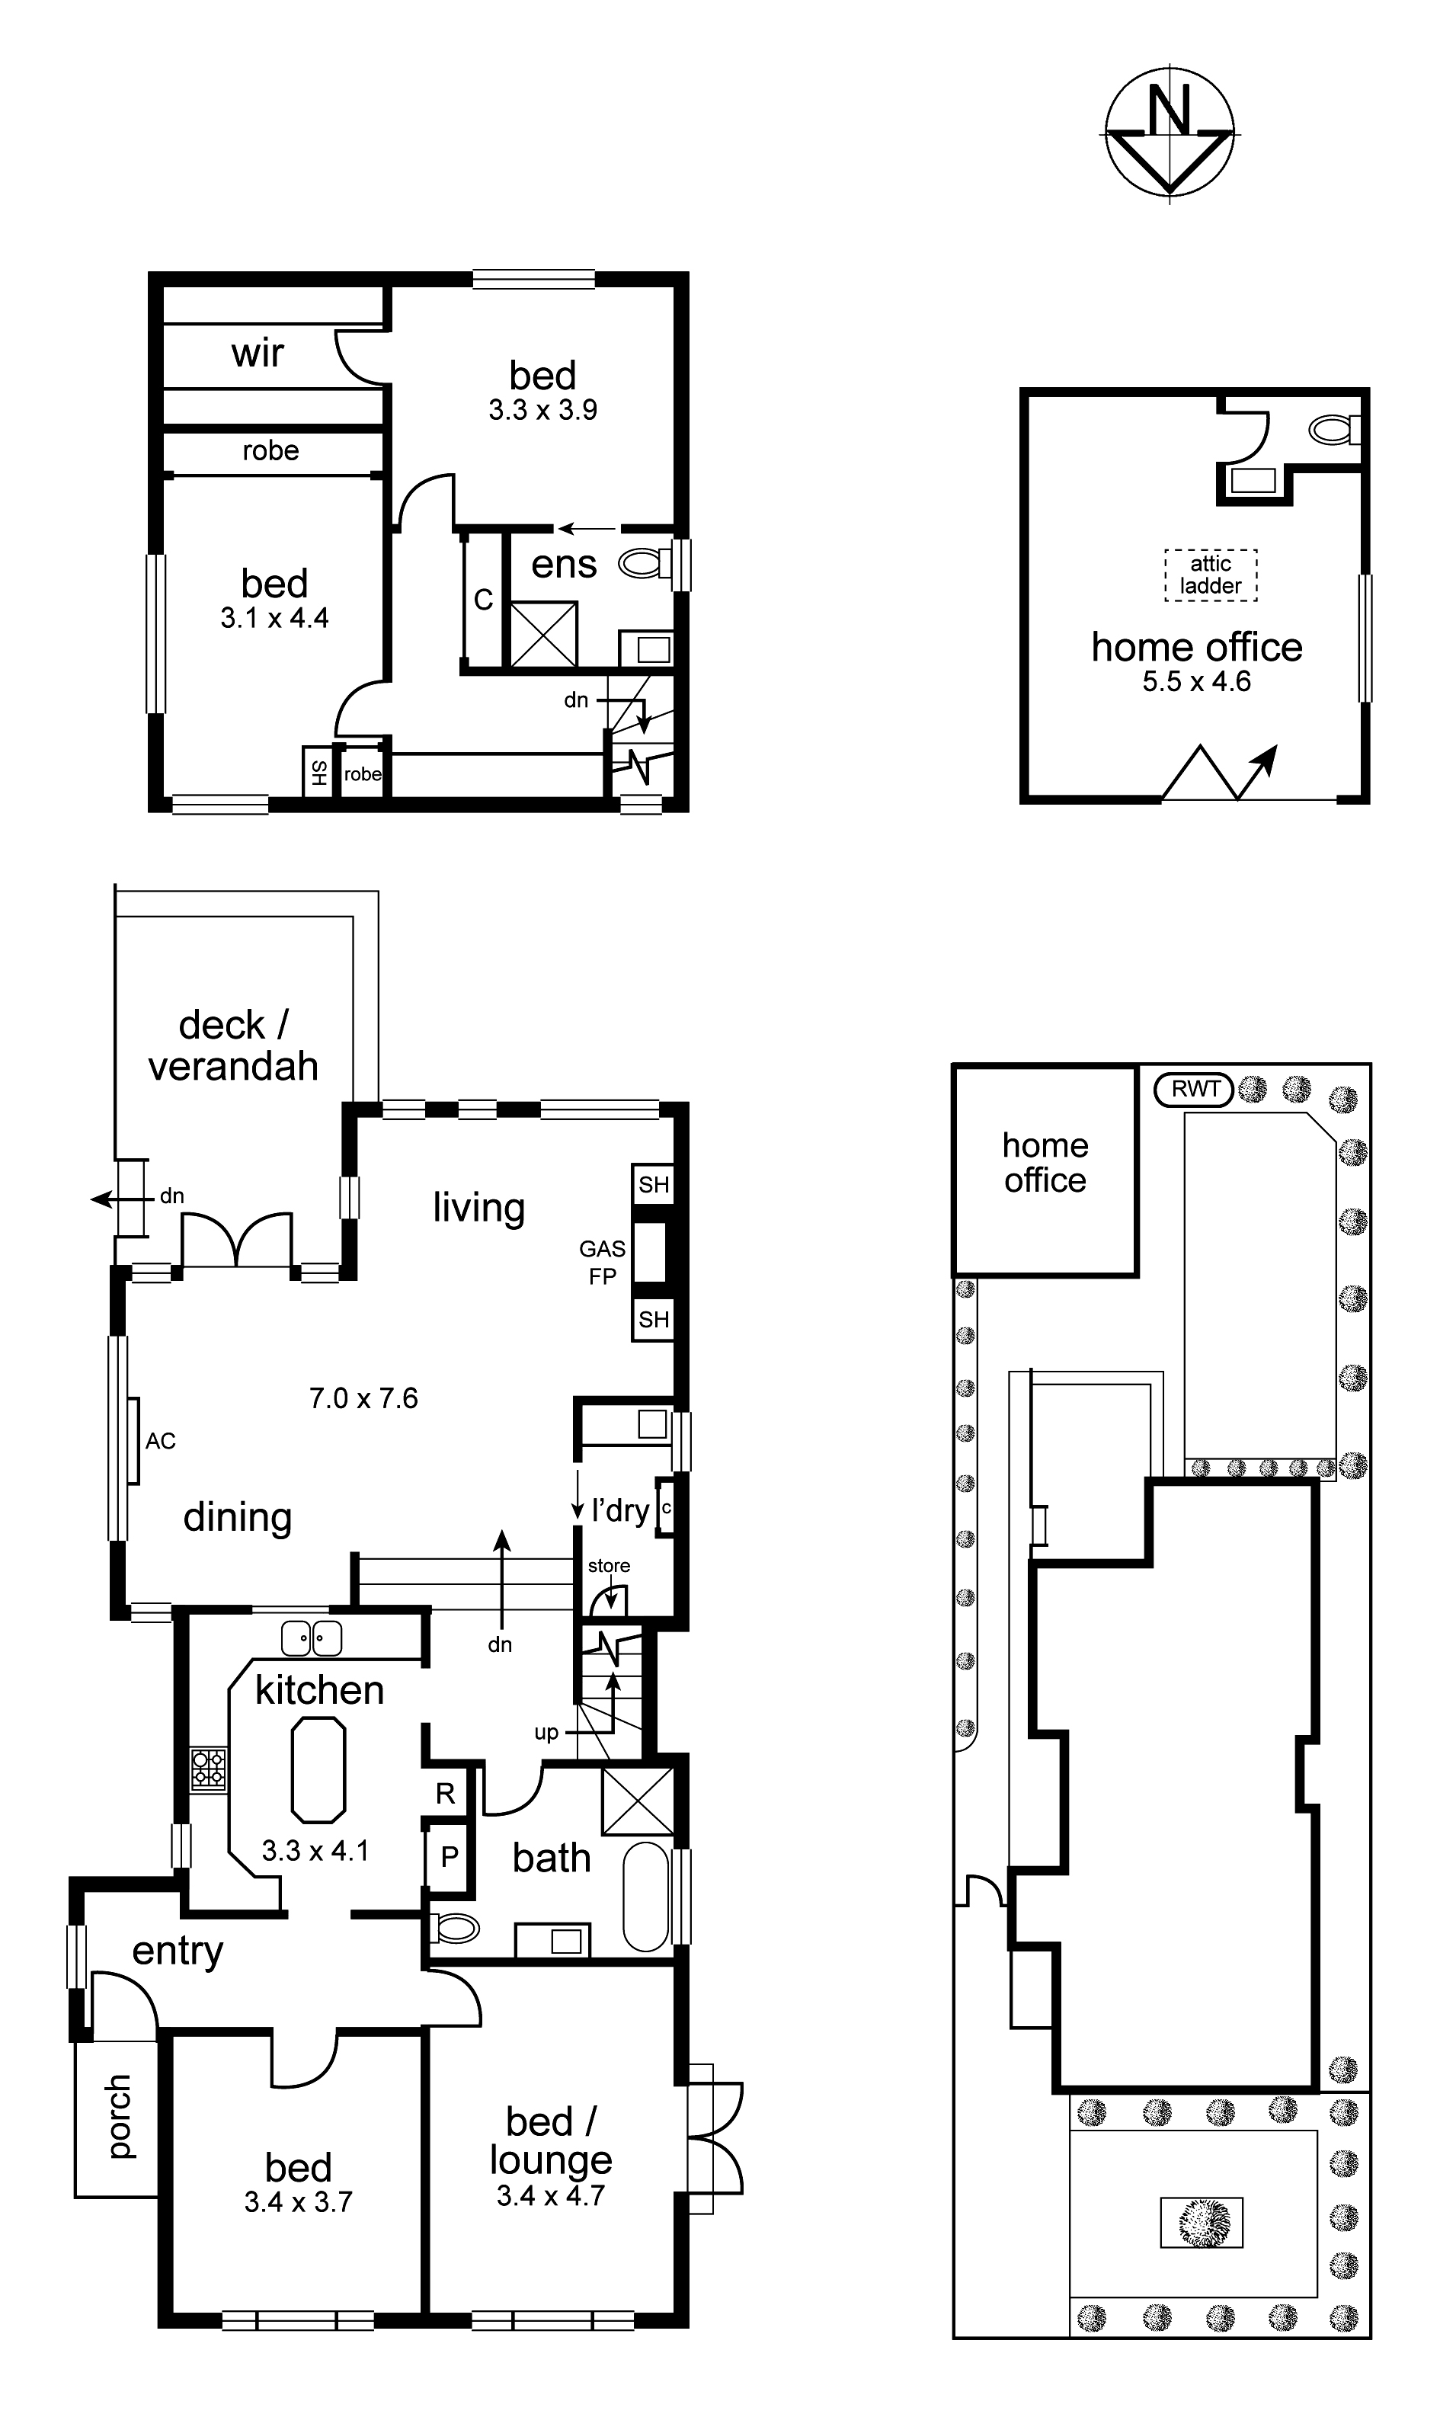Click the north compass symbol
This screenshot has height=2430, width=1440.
[x=1170, y=134]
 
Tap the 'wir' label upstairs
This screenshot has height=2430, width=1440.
[x=258, y=354]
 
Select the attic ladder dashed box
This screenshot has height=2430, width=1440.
[x=1210, y=575]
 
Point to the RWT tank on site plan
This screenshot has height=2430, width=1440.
[x=1194, y=1089]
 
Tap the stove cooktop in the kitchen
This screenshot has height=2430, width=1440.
[x=209, y=1767]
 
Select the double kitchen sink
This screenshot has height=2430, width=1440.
[x=312, y=1639]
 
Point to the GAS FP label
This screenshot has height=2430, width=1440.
[x=602, y=1263]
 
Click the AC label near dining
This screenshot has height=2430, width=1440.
[x=161, y=1441]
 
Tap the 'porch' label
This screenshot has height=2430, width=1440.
[x=117, y=2115]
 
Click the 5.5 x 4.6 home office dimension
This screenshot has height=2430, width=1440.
[x=1196, y=681]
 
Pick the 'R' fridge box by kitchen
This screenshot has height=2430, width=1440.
[x=446, y=1794]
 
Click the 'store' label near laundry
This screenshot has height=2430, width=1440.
[x=609, y=1567]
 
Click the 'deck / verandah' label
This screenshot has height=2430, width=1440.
[x=233, y=1045]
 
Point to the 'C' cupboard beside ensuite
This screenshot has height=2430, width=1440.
[x=483, y=600]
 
